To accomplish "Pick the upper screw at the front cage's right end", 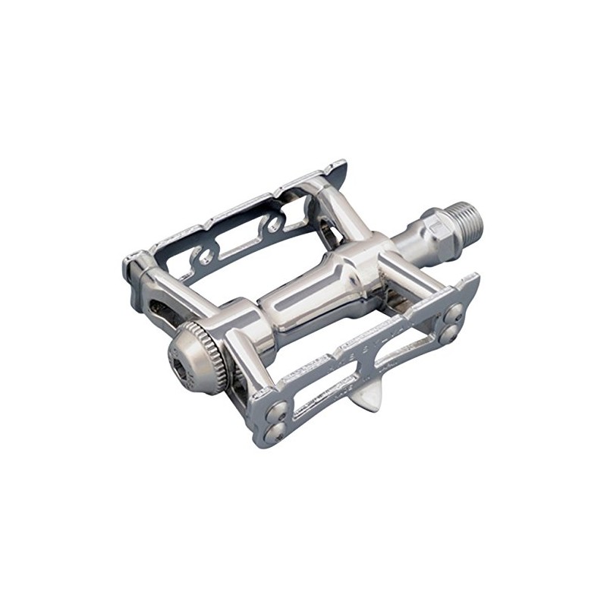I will coord(454,311).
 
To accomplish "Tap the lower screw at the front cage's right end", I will coord(448,331).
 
